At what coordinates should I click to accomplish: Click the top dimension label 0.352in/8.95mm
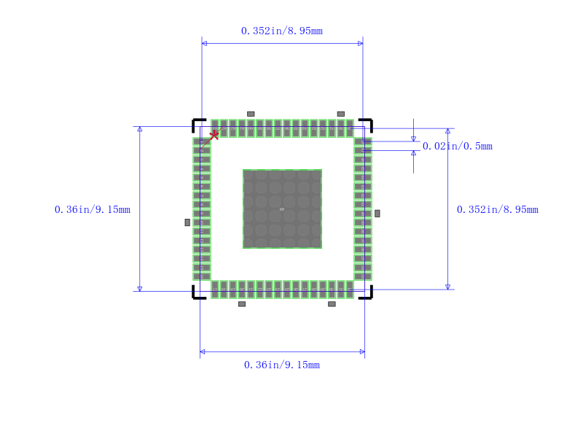coord(281,31)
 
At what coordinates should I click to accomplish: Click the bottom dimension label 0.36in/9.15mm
coord(281,365)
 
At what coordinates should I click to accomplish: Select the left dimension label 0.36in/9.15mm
coord(93,209)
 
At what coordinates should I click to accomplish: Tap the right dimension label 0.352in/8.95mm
coord(497,209)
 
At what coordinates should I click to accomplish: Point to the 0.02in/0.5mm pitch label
coord(458,146)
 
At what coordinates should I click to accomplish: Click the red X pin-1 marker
coord(214,135)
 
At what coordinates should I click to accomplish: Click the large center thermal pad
coord(282,209)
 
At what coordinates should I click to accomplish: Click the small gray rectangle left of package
coord(187,222)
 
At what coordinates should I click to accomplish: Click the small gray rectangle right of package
coord(377,213)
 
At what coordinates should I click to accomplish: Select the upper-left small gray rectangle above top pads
coord(251,114)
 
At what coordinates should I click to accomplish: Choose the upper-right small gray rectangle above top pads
coord(340,114)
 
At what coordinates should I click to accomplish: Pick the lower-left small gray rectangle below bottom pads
coord(242,304)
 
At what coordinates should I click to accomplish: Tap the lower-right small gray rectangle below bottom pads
coord(332,304)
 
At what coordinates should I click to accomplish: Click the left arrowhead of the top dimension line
coord(204,44)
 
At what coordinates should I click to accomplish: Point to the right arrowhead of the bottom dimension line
coord(362,352)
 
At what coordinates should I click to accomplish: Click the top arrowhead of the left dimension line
coord(140,129)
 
